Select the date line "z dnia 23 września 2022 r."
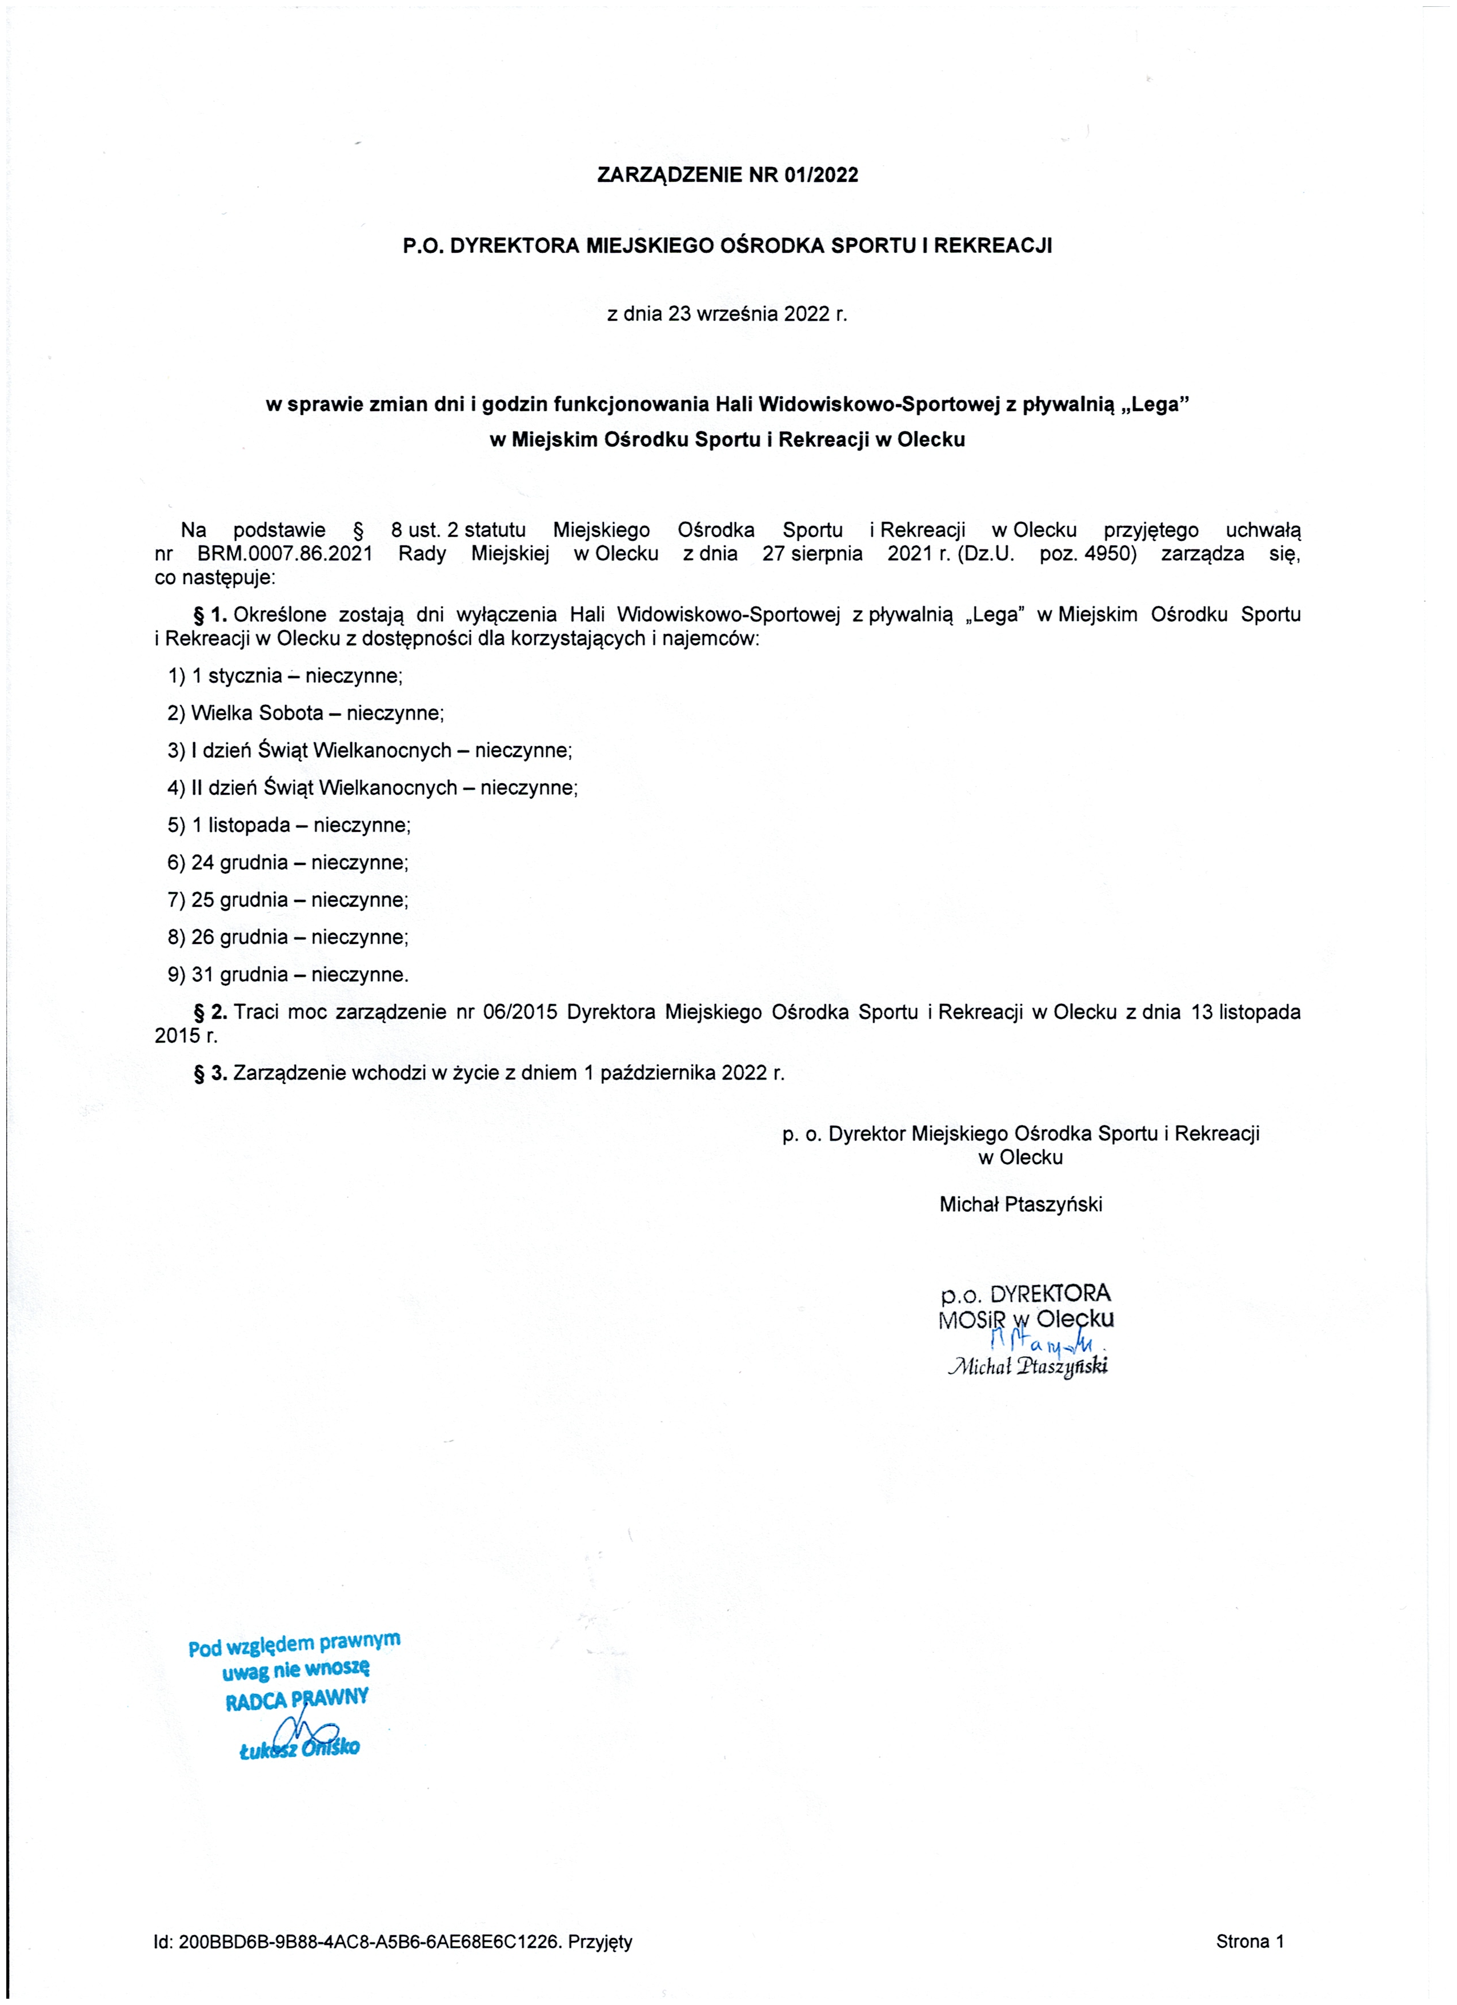pos(726,314)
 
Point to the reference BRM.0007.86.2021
pos(285,555)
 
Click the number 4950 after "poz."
pos(1109,555)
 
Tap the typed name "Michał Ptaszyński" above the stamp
pos(1020,1204)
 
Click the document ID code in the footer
pos(369,1942)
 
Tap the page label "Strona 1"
pos(1250,1942)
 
